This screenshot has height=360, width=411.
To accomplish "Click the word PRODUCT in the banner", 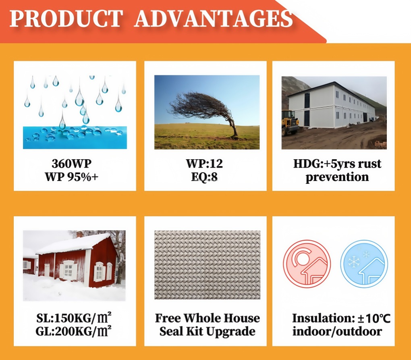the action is [x=66, y=19].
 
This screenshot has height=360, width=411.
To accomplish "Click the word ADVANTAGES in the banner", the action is [x=214, y=19].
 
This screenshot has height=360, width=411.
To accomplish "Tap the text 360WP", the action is [x=72, y=164].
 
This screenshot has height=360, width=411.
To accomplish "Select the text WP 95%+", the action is [x=72, y=177].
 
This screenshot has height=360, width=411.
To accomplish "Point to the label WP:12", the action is [x=204, y=164].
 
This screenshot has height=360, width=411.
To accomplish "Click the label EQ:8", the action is [x=204, y=177].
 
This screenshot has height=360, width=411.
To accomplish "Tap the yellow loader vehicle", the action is [x=290, y=122].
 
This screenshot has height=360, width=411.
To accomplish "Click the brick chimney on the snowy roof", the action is [x=80, y=234].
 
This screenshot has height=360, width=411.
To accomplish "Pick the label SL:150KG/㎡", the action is [x=74, y=318].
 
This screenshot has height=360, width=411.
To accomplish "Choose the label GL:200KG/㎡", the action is [x=74, y=331].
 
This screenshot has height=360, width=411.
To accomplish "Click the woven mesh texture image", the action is [x=208, y=265].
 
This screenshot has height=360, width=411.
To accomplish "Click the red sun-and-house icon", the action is [x=307, y=264].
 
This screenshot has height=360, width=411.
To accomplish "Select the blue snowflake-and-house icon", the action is [x=364, y=264].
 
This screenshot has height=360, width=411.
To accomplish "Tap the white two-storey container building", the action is [x=332, y=106].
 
